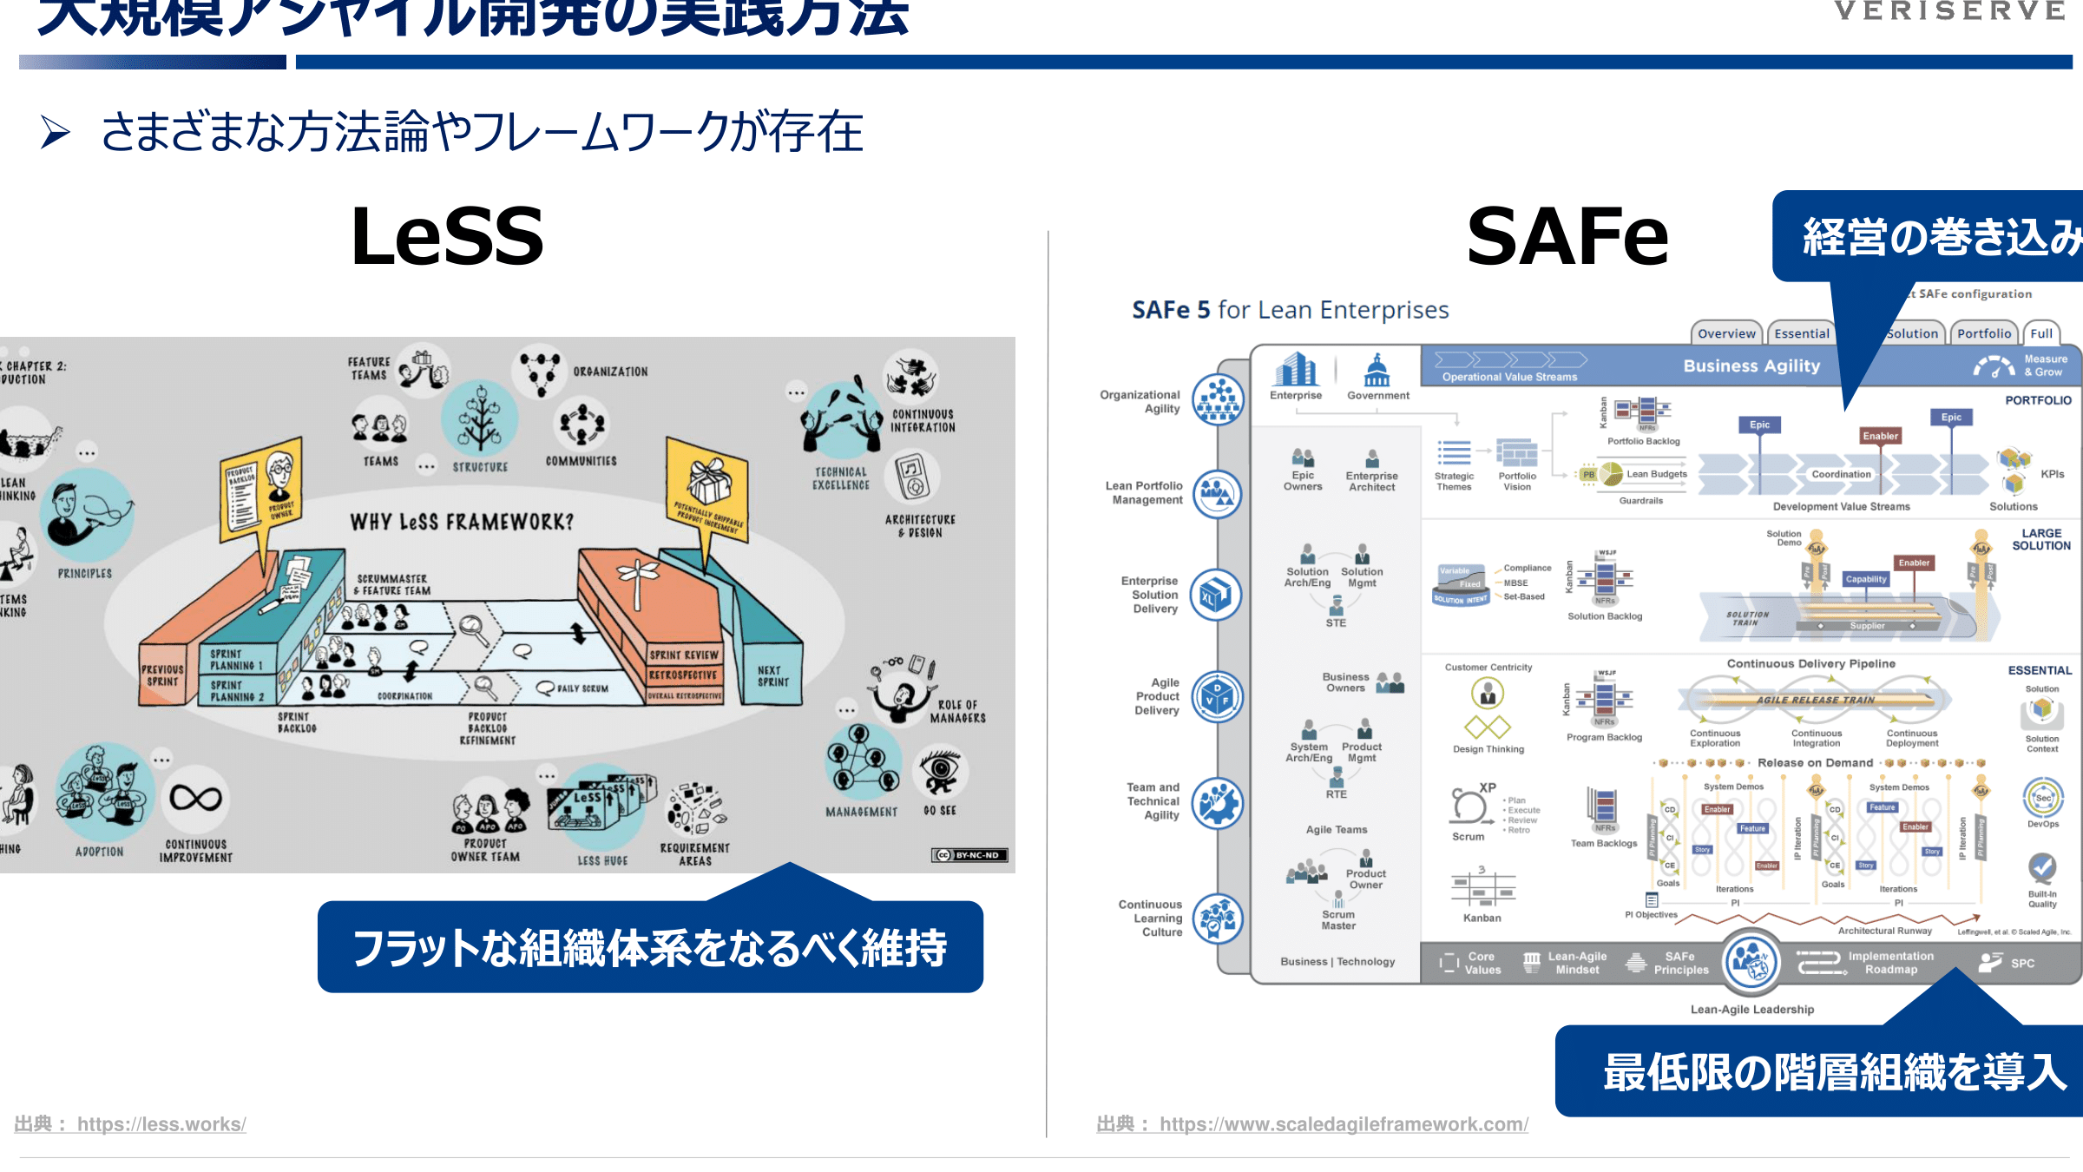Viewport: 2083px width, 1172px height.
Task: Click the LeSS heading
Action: tap(447, 236)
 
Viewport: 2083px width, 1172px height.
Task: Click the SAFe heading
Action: tap(1567, 236)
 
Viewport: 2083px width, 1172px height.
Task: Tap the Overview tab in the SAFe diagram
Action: tap(1726, 333)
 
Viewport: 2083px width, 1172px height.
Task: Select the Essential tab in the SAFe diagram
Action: tap(1802, 333)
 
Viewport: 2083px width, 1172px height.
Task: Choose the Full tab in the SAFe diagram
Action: tap(2041, 333)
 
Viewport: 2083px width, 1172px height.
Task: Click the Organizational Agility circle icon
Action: tap(1218, 400)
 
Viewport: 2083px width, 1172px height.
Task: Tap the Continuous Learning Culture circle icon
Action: tap(1218, 919)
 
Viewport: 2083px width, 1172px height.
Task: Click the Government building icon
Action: tap(1377, 372)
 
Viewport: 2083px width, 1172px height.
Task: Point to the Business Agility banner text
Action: tap(1751, 366)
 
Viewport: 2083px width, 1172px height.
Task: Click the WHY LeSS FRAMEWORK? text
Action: tap(462, 522)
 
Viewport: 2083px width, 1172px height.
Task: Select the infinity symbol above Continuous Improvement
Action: tap(195, 798)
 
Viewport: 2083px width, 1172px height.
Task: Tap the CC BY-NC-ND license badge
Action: tap(969, 855)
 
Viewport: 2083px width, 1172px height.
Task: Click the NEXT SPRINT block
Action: tap(772, 676)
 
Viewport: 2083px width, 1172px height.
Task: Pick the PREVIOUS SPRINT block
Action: tap(162, 675)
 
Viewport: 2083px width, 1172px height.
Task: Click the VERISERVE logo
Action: tap(1948, 11)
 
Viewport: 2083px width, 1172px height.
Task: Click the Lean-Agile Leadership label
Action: tap(1751, 1010)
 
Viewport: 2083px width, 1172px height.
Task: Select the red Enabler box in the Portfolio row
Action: tap(1880, 436)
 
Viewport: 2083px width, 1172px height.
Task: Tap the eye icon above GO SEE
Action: tap(939, 772)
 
